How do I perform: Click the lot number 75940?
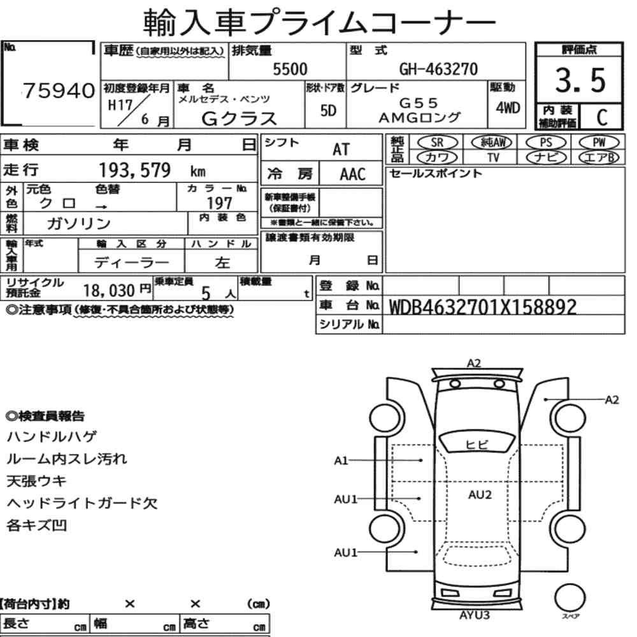[x=59, y=90]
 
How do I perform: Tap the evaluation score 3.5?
[x=580, y=80]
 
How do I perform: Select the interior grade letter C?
[x=602, y=117]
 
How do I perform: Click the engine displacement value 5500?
[x=290, y=69]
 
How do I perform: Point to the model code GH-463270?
[x=438, y=69]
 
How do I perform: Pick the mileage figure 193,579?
[x=134, y=170]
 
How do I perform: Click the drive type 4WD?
[x=508, y=108]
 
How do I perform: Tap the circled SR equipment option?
[x=437, y=143]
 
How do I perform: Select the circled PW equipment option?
[x=599, y=143]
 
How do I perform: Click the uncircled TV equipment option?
[x=493, y=157]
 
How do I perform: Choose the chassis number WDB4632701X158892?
[x=483, y=307]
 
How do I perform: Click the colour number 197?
[x=219, y=203]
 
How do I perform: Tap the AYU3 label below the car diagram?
[x=474, y=615]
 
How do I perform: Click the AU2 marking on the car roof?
[x=480, y=495]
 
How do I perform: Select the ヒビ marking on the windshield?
[x=476, y=445]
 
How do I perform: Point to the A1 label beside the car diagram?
[x=341, y=461]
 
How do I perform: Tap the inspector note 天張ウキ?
[x=36, y=481]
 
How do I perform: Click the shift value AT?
[x=341, y=150]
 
